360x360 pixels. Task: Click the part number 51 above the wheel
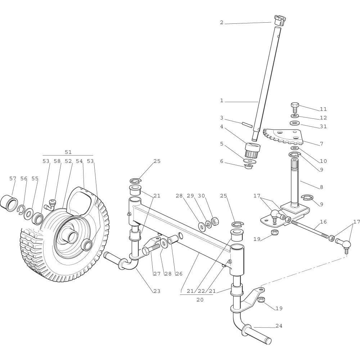68,152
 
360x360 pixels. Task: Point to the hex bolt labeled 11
294,107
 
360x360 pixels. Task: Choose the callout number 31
323,126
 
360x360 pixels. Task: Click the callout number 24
279,326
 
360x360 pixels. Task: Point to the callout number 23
157,291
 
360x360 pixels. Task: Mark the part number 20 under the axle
200,300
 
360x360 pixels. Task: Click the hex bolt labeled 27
150,249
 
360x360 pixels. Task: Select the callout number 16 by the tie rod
323,222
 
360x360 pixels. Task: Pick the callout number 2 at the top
222,23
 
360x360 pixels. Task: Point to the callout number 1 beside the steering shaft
222,101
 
